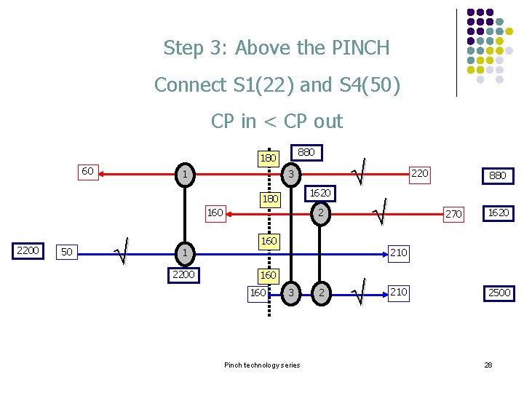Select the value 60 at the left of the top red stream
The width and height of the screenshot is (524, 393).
(x=87, y=171)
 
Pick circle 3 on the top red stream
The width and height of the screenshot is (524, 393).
(x=290, y=175)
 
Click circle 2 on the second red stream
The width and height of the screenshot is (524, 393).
(x=319, y=213)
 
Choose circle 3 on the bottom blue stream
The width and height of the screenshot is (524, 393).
(x=290, y=293)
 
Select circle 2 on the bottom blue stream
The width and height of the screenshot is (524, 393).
(x=319, y=293)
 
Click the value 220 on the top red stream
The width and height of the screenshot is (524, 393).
(x=419, y=173)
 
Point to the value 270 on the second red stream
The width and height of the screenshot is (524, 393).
(x=453, y=214)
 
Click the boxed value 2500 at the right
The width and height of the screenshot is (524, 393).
(x=499, y=293)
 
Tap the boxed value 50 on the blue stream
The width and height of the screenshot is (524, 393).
(x=67, y=252)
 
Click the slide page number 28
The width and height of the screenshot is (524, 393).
(x=488, y=365)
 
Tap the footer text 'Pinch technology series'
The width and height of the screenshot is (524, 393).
(x=261, y=365)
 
